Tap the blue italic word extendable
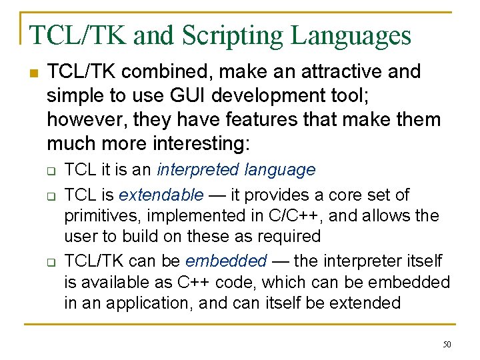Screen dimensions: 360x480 pos(161,195)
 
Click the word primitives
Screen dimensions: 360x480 pos(103,215)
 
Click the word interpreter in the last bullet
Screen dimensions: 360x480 pos(360,261)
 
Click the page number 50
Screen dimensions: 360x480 pos(447,344)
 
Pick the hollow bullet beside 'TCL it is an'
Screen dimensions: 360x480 pos(50,171)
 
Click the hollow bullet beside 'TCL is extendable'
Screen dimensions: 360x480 pos(50,196)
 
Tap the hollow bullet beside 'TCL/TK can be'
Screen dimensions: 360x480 pos(50,262)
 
